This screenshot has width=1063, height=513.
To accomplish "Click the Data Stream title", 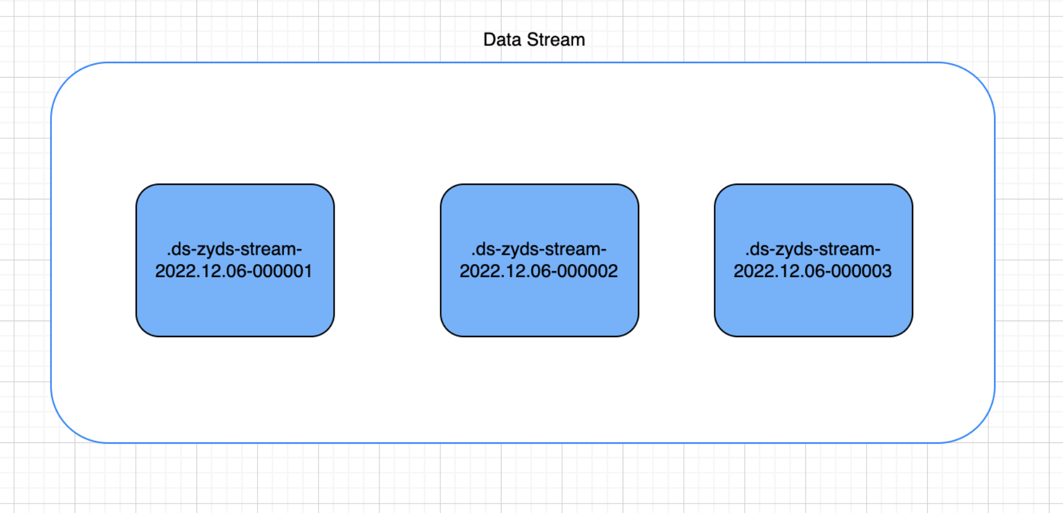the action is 534,39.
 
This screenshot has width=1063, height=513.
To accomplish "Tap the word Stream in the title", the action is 556,39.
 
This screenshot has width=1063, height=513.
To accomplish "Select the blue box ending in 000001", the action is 235,260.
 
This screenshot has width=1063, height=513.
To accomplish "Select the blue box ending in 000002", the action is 539,260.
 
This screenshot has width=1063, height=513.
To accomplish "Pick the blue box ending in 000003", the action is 813,260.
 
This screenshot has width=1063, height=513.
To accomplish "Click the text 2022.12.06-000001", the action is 233,271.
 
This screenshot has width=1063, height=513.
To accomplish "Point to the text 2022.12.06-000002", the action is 539,271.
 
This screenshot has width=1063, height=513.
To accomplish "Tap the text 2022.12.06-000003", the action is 813,271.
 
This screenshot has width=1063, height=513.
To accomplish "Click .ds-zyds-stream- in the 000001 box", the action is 235,249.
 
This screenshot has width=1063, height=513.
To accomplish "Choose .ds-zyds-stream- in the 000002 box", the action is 539,249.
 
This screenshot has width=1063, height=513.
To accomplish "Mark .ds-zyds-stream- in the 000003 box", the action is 813,249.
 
